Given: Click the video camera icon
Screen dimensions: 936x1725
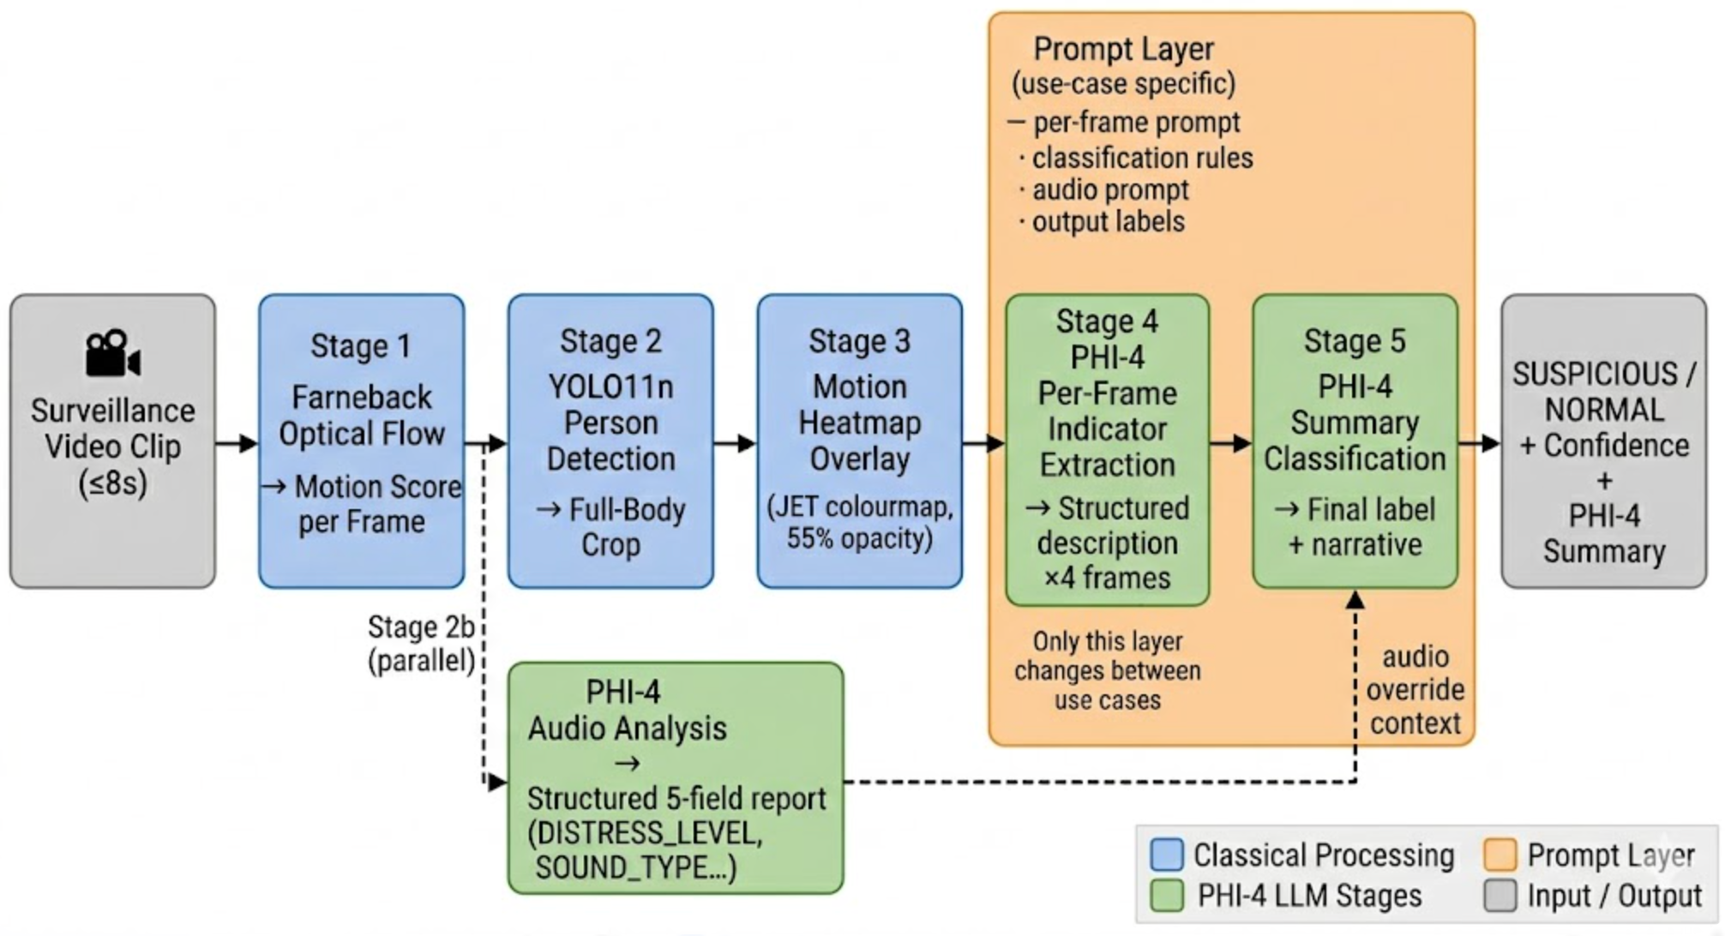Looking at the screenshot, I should [x=112, y=354].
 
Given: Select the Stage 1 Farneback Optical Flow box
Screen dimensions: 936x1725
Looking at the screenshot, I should [x=361, y=441].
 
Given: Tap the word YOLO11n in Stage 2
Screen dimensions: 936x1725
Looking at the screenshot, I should [x=610, y=387].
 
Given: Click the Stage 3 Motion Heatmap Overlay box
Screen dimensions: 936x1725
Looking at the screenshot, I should [x=859, y=441].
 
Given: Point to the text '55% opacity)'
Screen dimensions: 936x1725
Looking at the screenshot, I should [x=859, y=539].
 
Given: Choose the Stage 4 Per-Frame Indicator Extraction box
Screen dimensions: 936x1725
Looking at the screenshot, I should [x=1107, y=449].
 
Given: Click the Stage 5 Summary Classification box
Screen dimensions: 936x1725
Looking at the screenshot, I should [x=1355, y=441].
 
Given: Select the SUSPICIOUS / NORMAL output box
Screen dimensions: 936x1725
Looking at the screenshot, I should [x=1603, y=441].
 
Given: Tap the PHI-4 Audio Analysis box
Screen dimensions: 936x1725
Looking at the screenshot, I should [x=675, y=777].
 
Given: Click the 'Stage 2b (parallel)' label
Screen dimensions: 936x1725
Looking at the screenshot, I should [x=421, y=644].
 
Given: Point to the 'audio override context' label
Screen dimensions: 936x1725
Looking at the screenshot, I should [x=1415, y=690].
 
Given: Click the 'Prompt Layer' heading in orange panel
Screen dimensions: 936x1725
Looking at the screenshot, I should [x=1123, y=49].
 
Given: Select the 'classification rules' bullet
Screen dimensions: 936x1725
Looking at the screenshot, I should [x=1141, y=158].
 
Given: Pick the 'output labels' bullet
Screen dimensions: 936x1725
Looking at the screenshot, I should [x=1107, y=222].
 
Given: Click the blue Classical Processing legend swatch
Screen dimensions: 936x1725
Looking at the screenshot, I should [x=1167, y=855].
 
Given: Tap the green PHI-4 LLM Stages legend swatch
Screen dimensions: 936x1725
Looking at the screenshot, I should [x=1167, y=896].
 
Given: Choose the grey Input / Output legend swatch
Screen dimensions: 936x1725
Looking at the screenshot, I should [x=1500, y=896].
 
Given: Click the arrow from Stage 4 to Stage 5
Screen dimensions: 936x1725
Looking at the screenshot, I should [x=1230, y=443].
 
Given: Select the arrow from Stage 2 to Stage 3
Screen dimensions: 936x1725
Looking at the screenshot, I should [x=735, y=443].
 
